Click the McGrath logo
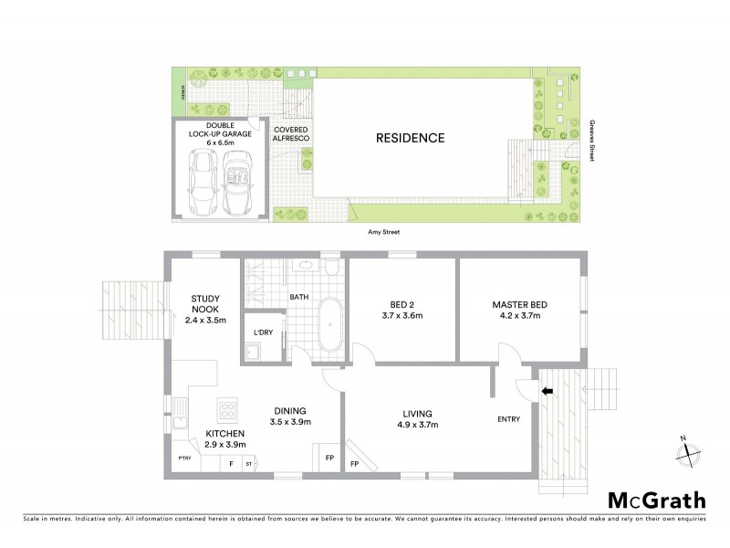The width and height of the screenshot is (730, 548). click(x=657, y=500)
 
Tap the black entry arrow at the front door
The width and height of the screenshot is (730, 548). click(x=547, y=392)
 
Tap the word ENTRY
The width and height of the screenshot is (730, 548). click(x=509, y=419)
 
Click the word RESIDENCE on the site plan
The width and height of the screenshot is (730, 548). click(x=411, y=139)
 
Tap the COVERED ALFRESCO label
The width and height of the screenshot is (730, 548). click(x=291, y=136)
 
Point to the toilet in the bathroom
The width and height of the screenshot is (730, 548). click(x=330, y=269)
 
